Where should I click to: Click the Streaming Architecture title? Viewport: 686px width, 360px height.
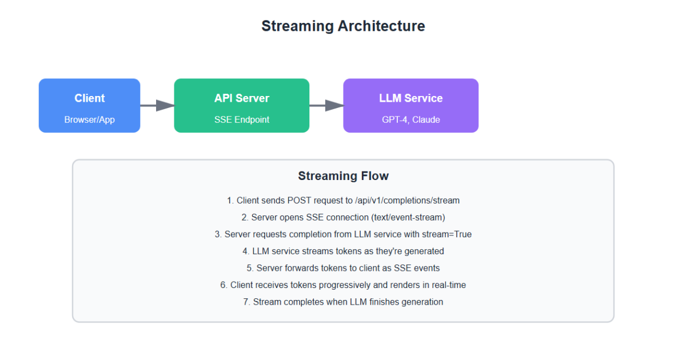click(x=343, y=26)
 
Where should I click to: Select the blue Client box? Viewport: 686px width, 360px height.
click(x=89, y=106)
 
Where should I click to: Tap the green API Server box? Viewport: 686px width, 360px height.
click(x=241, y=106)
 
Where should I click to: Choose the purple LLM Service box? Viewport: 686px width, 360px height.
click(x=410, y=106)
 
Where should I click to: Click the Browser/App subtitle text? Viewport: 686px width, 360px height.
click(x=89, y=120)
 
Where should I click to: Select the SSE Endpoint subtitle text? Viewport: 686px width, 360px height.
click(x=241, y=120)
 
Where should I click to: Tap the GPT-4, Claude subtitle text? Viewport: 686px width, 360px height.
click(x=410, y=120)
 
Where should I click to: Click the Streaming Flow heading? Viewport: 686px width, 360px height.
click(x=343, y=176)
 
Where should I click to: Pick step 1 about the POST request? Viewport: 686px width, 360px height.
click(x=343, y=201)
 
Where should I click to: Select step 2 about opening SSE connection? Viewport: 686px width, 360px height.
click(x=343, y=218)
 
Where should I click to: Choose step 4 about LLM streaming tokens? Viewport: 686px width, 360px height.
click(x=343, y=251)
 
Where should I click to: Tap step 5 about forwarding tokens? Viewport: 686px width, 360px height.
click(x=343, y=268)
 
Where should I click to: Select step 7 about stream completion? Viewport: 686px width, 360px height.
click(x=343, y=302)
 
